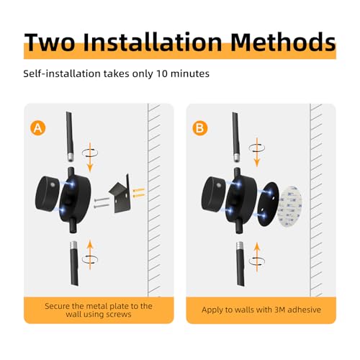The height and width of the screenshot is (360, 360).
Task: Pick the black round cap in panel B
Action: [x=214, y=193]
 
